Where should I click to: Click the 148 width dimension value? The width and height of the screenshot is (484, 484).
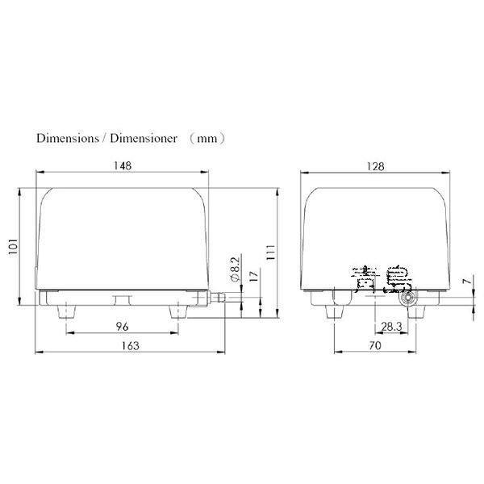(x=123, y=165)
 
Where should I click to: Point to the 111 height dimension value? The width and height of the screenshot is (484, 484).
(x=272, y=252)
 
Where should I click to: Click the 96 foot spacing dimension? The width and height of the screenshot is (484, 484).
(x=123, y=326)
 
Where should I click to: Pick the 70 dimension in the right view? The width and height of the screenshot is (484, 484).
(x=374, y=345)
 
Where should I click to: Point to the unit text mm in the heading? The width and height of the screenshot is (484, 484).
(x=207, y=138)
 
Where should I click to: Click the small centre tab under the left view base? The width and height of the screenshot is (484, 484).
(x=122, y=300)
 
